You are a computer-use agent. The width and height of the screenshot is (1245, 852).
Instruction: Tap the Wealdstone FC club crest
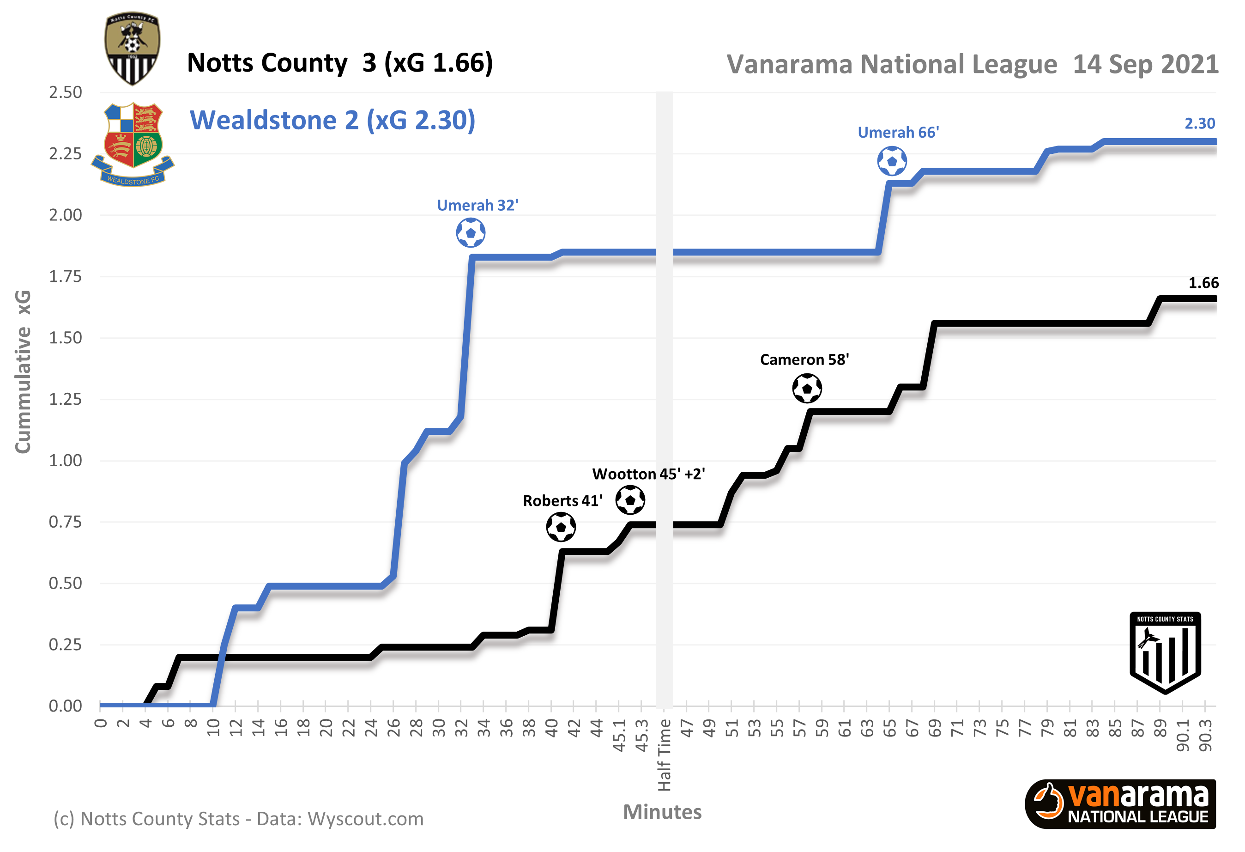click(x=133, y=144)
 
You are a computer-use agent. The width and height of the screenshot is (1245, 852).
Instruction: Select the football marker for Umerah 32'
click(x=471, y=233)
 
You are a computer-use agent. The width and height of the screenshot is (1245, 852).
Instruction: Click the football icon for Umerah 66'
click(x=891, y=161)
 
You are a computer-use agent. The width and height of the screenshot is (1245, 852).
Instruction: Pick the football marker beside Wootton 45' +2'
click(x=629, y=500)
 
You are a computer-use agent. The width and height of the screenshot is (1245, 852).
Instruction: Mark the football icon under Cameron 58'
click(x=806, y=388)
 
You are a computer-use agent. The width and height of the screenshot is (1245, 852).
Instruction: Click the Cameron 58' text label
click(x=804, y=359)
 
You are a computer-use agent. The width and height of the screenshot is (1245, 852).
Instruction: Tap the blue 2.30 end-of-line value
click(x=1199, y=124)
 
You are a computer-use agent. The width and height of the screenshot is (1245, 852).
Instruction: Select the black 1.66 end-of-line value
click(x=1203, y=283)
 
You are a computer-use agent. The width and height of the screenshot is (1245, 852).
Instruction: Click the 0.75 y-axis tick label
click(x=66, y=522)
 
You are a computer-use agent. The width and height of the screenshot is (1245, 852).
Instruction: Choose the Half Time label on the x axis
click(x=664, y=755)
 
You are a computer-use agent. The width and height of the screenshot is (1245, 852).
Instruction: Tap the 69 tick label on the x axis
click(x=934, y=729)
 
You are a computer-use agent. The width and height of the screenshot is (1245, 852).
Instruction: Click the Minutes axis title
click(x=662, y=812)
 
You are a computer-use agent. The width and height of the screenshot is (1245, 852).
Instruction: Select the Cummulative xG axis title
click(x=23, y=371)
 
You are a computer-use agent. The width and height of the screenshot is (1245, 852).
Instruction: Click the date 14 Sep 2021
click(x=1145, y=64)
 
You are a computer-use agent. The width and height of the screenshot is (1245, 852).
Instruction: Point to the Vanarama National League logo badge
click(x=1120, y=804)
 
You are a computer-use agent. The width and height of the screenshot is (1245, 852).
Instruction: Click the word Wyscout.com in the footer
click(x=365, y=819)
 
